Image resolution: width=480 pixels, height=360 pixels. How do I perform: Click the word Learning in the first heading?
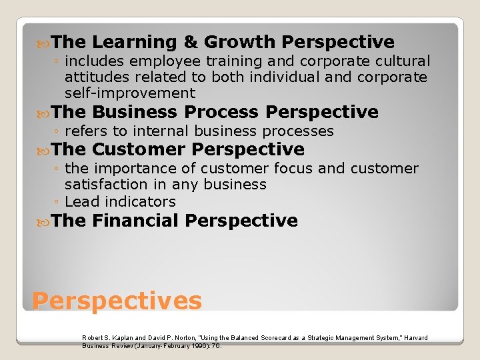point(134,43)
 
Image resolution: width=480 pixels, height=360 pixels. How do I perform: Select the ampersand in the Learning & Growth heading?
point(191,43)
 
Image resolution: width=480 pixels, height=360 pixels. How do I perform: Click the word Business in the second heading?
point(134,112)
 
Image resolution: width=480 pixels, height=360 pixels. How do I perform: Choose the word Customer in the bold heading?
point(139,149)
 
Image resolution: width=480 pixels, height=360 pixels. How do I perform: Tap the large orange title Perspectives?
point(117,301)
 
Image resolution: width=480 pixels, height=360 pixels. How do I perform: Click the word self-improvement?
point(130,93)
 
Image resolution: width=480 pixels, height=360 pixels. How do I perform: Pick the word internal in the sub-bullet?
point(156,131)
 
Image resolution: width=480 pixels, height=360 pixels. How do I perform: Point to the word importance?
point(128,169)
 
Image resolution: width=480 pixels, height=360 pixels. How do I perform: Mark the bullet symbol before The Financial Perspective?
point(45,221)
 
